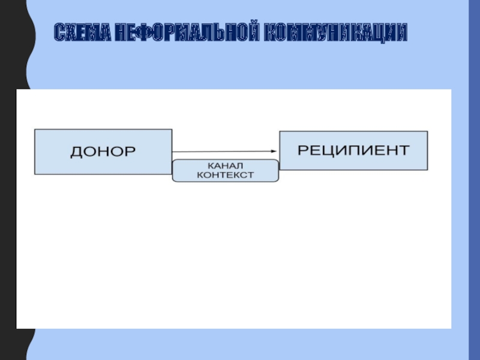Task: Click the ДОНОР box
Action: pos(103,152)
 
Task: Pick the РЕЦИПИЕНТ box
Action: pos(353,150)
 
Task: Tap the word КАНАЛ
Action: pos(225,165)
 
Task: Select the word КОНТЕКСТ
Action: pos(225,175)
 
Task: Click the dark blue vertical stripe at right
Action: pos(473,180)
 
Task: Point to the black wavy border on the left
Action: pos(12,180)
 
